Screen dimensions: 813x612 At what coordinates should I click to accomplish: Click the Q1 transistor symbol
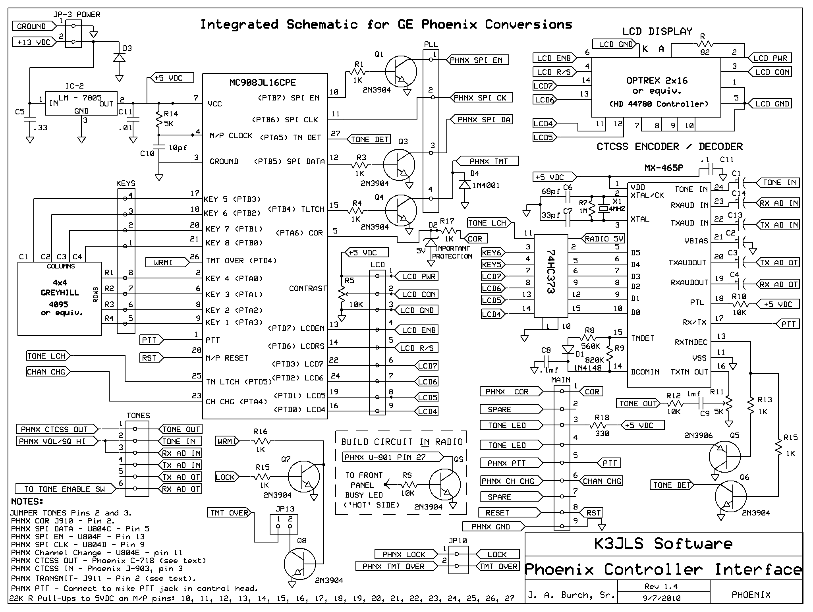click(401, 72)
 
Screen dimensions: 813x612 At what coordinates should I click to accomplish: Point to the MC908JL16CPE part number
click(263, 83)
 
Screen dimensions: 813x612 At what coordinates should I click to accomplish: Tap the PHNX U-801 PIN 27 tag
click(393, 457)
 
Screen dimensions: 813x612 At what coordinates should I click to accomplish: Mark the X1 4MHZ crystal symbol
click(604, 209)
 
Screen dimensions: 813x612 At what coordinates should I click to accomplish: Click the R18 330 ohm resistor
click(602, 425)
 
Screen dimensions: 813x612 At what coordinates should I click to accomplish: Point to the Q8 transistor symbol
click(300, 564)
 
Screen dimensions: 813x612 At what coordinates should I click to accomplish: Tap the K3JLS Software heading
click(663, 544)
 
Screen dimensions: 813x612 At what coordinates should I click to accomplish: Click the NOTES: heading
click(27, 501)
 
